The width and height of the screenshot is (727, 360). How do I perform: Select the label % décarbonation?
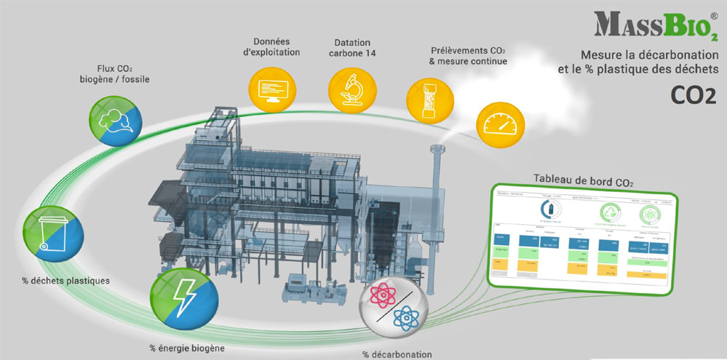(397, 354)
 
